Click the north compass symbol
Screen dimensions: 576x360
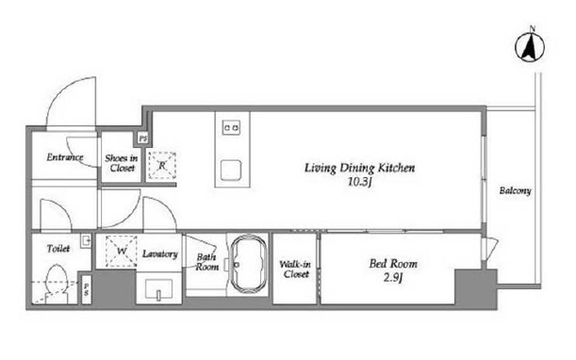(x=530, y=47)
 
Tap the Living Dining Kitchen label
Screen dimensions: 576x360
(x=359, y=168)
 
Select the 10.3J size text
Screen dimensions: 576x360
(x=360, y=182)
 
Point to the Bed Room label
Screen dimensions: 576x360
(x=393, y=263)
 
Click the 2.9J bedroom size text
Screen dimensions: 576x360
(x=393, y=278)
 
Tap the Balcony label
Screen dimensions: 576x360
(x=515, y=191)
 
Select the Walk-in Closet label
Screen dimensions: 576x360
(x=295, y=269)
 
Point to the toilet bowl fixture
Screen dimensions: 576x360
(x=57, y=285)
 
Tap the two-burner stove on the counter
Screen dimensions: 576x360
(x=231, y=128)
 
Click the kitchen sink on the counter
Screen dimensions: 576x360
(x=231, y=170)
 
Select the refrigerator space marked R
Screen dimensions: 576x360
(x=162, y=166)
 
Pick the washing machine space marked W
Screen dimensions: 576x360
(x=122, y=252)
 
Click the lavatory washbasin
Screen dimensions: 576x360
(x=158, y=289)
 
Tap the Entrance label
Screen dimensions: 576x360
(x=65, y=157)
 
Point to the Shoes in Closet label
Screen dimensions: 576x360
(x=122, y=163)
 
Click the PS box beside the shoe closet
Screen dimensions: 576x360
(x=143, y=139)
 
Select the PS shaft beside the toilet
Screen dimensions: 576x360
(x=86, y=289)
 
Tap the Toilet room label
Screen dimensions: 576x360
(x=58, y=249)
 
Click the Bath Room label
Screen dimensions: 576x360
(x=206, y=262)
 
